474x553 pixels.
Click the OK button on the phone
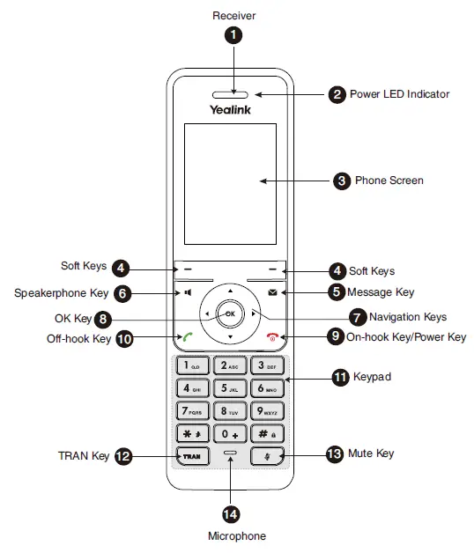229,313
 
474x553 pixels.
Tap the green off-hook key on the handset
189,336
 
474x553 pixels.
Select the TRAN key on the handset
191,456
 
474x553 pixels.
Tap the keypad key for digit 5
230,387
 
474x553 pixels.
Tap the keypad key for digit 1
191,364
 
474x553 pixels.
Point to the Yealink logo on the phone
230,110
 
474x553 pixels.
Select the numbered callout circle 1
233,36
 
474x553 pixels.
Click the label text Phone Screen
389,181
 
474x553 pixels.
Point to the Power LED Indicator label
399,94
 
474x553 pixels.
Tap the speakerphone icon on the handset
188,291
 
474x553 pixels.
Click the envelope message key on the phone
273,291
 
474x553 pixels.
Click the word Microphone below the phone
236,535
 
